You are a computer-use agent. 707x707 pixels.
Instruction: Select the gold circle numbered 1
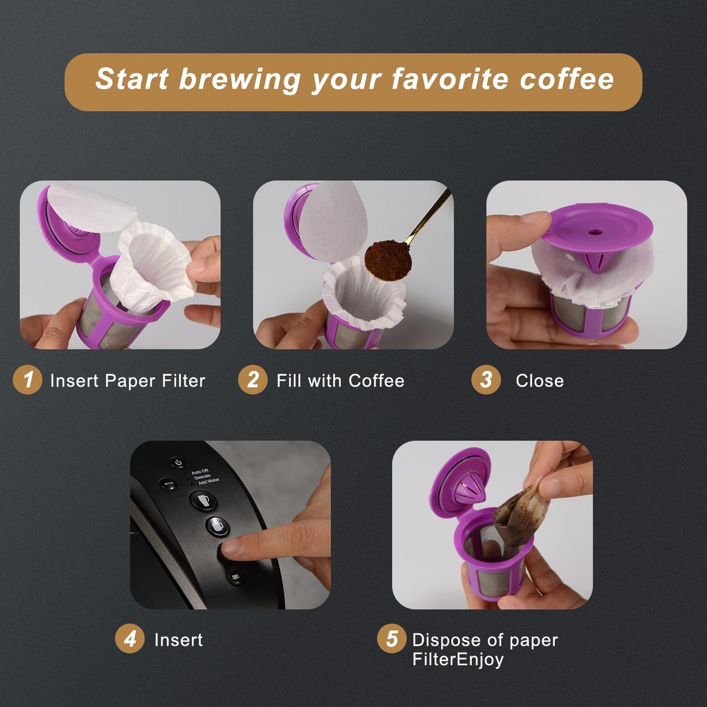(x=27, y=380)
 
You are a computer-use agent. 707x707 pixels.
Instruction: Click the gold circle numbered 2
(x=252, y=380)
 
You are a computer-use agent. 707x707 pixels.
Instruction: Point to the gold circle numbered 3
(x=486, y=380)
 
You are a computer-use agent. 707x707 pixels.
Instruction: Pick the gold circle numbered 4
(x=130, y=639)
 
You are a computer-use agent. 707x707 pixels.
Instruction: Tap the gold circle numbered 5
(x=391, y=639)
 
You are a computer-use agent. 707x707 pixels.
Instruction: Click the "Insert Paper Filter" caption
(x=128, y=381)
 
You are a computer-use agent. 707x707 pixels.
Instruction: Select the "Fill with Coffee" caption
(x=341, y=381)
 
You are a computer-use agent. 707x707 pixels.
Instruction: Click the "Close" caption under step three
(x=540, y=381)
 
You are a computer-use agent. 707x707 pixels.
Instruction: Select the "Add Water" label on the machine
(x=209, y=481)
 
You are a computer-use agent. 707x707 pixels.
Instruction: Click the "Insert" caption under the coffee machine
(x=178, y=640)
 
